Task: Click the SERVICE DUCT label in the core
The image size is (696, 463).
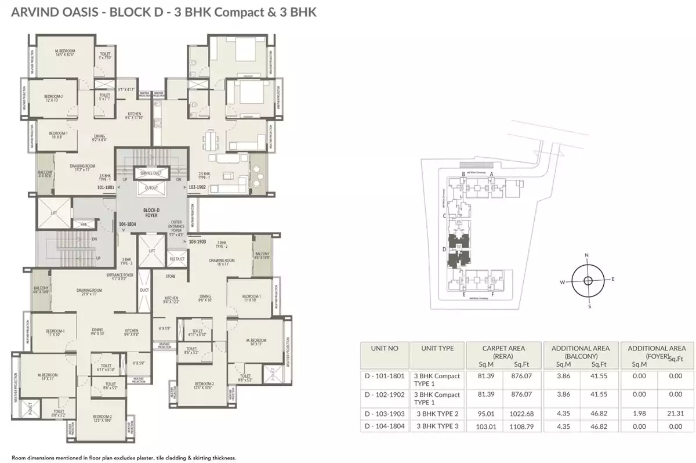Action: point(150,173)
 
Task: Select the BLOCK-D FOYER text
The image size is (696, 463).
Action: point(151,213)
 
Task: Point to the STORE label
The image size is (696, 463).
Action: point(170,277)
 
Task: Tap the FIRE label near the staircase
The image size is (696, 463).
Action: point(83,223)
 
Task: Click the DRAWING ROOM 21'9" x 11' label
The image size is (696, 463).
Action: point(89,292)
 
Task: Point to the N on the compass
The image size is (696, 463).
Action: point(587,255)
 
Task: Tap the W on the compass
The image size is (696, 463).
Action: point(561,282)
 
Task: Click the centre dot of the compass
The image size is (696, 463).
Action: point(588,281)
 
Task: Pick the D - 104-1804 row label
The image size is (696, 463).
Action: point(382,426)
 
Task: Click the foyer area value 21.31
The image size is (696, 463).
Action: point(675,414)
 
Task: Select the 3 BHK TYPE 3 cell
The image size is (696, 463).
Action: point(436,426)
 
